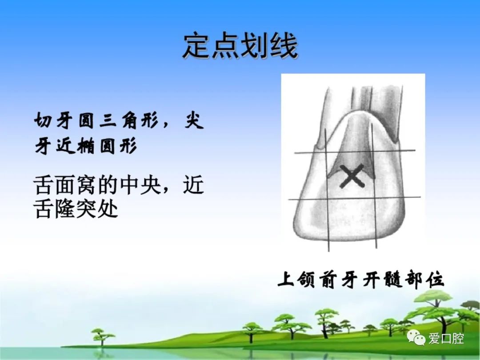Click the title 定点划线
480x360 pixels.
click(240, 46)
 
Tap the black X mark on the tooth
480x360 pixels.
click(352, 176)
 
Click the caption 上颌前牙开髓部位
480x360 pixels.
click(360, 280)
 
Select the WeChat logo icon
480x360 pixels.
click(416, 338)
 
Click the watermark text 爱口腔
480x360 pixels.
click(446, 338)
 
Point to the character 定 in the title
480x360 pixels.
click(197, 46)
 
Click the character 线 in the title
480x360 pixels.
click(284, 46)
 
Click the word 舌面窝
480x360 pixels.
click(65, 185)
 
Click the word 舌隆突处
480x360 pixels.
click(76, 209)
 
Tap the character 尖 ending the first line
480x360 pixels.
click(194, 120)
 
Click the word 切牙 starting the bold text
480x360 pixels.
click(54, 120)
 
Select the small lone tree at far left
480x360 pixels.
click(102, 337)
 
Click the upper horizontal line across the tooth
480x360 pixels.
click(355, 152)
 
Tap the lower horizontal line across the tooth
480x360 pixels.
click(355, 198)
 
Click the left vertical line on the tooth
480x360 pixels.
click(327, 190)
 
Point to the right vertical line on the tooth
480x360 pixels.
click(374, 185)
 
